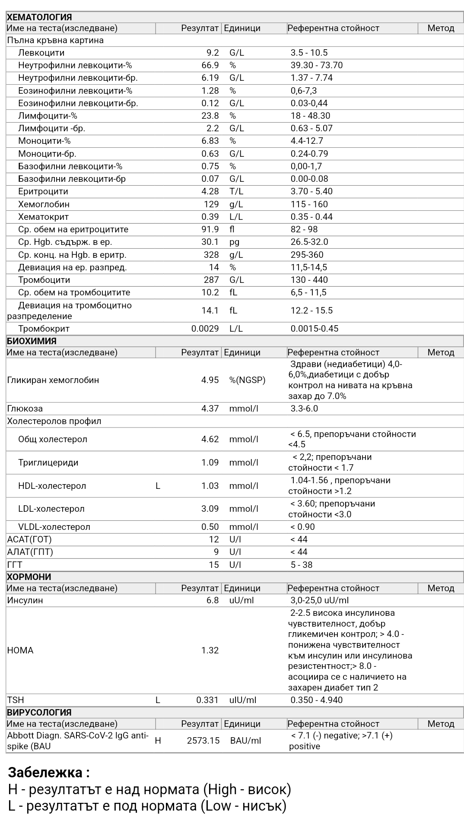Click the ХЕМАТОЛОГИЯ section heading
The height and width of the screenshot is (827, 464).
point(39,17)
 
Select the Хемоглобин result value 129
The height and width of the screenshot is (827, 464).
point(211,204)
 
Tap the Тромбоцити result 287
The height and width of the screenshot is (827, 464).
point(211,280)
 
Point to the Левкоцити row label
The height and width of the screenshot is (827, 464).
point(41,53)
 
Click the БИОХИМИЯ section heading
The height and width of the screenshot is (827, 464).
point(32,341)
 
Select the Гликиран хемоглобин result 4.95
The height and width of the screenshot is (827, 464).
point(210,380)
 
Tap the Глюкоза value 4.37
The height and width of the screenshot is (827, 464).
point(210,409)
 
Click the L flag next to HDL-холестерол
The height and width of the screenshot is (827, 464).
point(158,486)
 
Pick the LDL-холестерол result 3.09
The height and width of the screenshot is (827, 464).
point(210,509)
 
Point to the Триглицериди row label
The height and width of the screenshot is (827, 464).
point(48,463)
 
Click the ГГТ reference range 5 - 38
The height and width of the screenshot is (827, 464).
point(301,565)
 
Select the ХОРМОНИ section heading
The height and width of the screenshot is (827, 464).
point(29,577)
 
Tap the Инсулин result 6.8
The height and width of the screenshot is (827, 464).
point(213,600)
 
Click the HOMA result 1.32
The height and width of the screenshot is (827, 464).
point(210,650)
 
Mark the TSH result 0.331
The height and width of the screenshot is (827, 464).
point(207,700)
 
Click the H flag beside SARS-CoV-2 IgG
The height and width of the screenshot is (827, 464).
point(158,741)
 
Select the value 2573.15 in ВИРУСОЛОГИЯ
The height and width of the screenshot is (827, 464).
point(203,741)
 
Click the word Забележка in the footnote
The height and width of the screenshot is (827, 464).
point(45,772)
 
